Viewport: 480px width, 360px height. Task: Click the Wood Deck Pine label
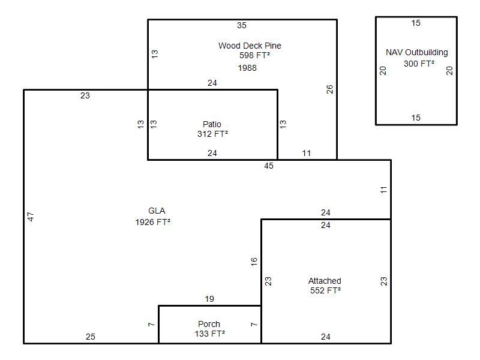(x=250, y=46)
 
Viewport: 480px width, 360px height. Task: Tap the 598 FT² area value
(x=254, y=55)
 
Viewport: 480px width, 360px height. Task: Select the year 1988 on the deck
(x=247, y=68)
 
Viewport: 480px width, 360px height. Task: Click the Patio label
(x=212, y=124)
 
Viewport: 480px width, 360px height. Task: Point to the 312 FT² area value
(x=212, y=134)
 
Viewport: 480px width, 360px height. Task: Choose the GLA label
(x=157, y=211)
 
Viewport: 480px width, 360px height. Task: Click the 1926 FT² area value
(x=152, y=222)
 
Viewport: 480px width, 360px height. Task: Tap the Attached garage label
(x=325, y=281)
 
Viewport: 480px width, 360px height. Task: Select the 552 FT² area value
(x=325, y=290)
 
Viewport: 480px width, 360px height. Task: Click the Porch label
(x=209, y=324)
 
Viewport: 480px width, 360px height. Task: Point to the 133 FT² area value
(x=209, y=334)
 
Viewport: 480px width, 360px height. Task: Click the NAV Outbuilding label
(x=416, y=52)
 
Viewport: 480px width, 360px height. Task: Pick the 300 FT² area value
(x=419, y=64)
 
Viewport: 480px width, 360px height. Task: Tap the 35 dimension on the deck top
(x=242, y=25)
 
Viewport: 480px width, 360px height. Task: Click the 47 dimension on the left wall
(x=31, y=217)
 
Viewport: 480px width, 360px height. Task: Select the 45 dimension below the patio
(x=268, y=166)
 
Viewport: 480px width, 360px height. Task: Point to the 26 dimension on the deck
(x=329, y=89)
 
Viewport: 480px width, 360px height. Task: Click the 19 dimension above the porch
(x=209, y=299)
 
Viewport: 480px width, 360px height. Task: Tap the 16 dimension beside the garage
(x=254, y=262)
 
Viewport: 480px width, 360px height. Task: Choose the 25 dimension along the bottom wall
(x=91, y=337)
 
